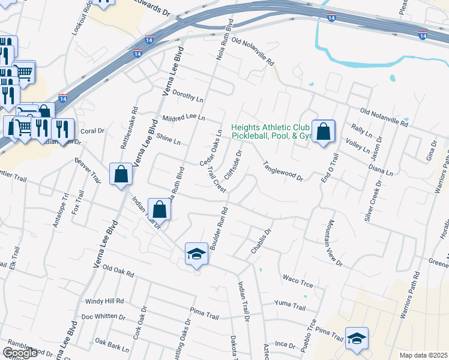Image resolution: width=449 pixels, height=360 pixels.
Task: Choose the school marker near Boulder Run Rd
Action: tap(196, 254)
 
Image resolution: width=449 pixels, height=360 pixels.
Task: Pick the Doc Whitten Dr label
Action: tap(103, 316)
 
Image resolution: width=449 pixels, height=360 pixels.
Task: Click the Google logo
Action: tap(20, 353)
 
